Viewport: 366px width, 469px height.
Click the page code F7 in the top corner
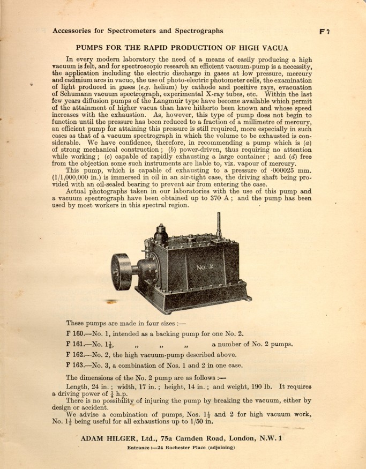tap(324, 31)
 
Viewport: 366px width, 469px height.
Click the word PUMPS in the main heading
tap(92, 48)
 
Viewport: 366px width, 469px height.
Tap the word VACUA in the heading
tap(273, 48)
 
